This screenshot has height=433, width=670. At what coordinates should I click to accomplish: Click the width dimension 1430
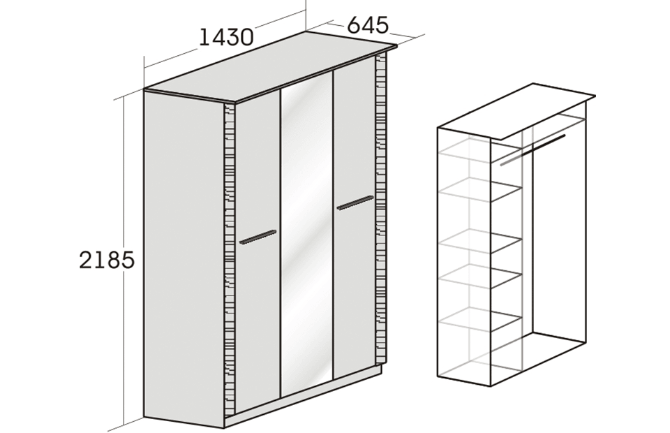[226, 38]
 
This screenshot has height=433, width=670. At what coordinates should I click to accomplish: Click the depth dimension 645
[368, 25]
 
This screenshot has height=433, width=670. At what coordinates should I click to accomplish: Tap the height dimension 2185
[107, 260]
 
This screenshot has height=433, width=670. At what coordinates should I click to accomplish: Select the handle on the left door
[258, 237]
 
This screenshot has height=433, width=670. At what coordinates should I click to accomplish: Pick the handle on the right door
[355, 203]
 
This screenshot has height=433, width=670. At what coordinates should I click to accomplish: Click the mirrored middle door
[306, 233]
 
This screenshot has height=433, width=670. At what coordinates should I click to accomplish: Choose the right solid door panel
[355, 217]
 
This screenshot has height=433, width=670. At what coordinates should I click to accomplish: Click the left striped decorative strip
[230, 260]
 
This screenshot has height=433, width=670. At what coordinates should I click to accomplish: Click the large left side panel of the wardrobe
[184, 260]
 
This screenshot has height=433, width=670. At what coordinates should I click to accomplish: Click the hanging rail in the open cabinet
[533, 149]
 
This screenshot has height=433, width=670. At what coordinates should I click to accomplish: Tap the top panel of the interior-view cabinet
[516, 111]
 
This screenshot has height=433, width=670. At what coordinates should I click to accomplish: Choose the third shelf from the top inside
[480, 242]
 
